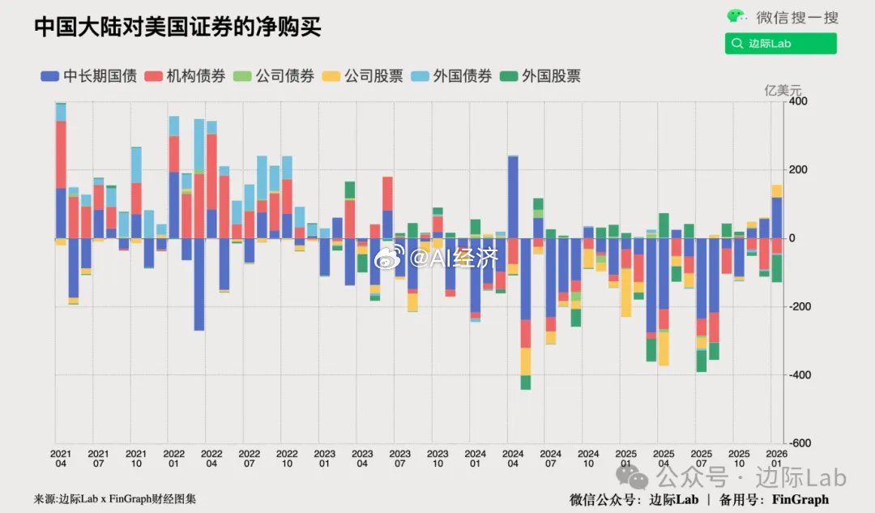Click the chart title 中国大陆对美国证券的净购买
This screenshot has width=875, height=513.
[x=177, y=27]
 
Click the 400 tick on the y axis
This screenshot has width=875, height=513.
[x=799, y=102]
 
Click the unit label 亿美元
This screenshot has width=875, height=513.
[x=783, y=90]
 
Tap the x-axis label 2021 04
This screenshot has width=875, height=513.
[x=61, y=459]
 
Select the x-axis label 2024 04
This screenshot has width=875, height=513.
[x=513, y=459]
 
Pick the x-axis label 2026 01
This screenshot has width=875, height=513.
[x=776, y=459]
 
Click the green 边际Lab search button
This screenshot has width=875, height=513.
[x=780, y=44]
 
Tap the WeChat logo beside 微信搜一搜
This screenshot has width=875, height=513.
[x=736, y=16]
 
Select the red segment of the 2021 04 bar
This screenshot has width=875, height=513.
[x=61, y=154]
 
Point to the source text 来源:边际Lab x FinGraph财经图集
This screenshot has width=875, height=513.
[x=115, y=499]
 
